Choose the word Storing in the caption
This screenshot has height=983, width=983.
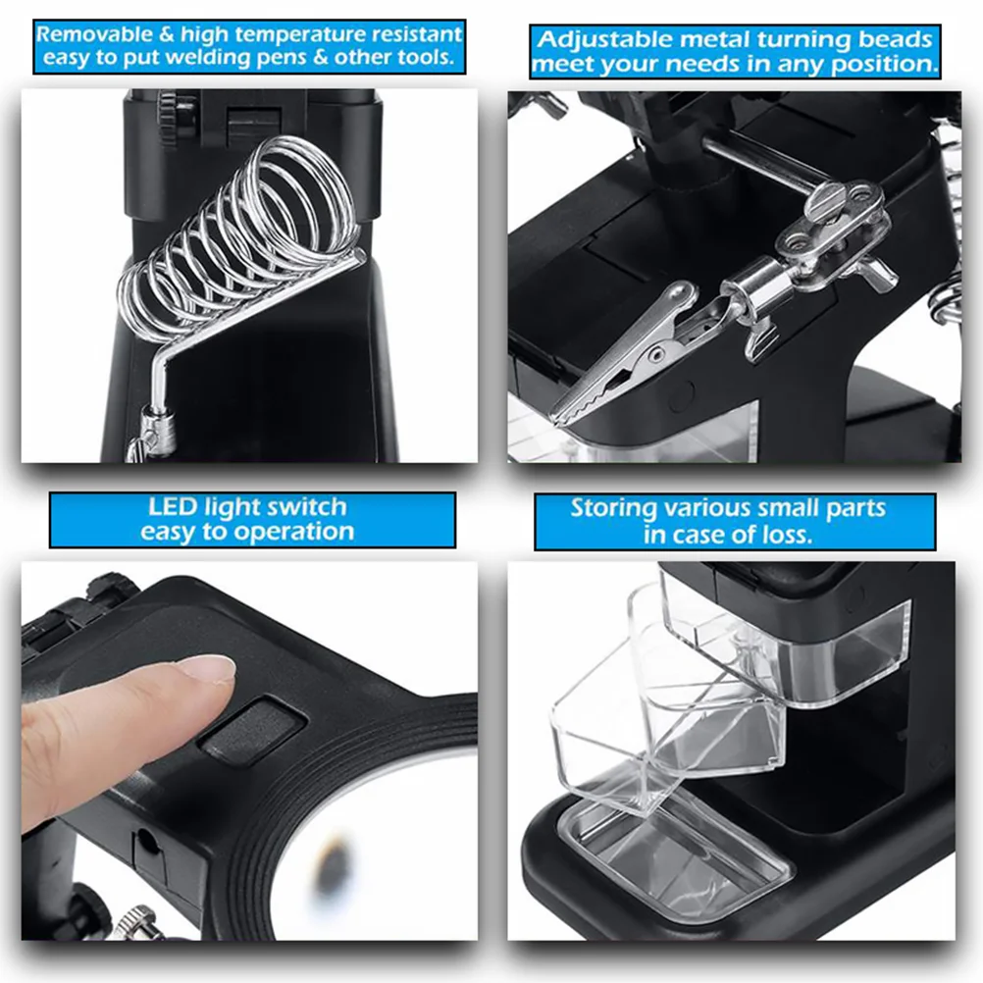(x=613, y=509)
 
